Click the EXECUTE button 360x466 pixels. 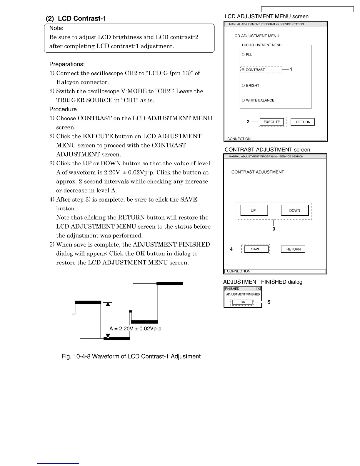pos(272,122)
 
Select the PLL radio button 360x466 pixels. pos(243,54)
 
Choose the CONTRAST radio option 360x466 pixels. pos(243,70)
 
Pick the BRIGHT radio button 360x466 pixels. pos(243,85)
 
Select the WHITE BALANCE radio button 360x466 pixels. pos(243,100)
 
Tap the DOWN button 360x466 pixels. pos(295,210)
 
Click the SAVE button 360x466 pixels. pos(256,249)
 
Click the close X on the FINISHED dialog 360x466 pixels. pos(259,289)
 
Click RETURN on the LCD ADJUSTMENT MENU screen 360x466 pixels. pos(303,122)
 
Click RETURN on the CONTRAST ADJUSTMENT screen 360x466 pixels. pos(293,249)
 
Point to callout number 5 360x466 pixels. pos(269,302)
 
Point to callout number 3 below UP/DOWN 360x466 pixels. pos(274,229)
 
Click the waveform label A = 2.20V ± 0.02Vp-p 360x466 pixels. pos(135,329)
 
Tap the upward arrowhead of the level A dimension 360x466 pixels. pos(108,304)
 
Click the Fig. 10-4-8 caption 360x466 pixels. pos(131,357)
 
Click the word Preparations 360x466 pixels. pos(67,64)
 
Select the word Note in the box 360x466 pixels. pos(56,28)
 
